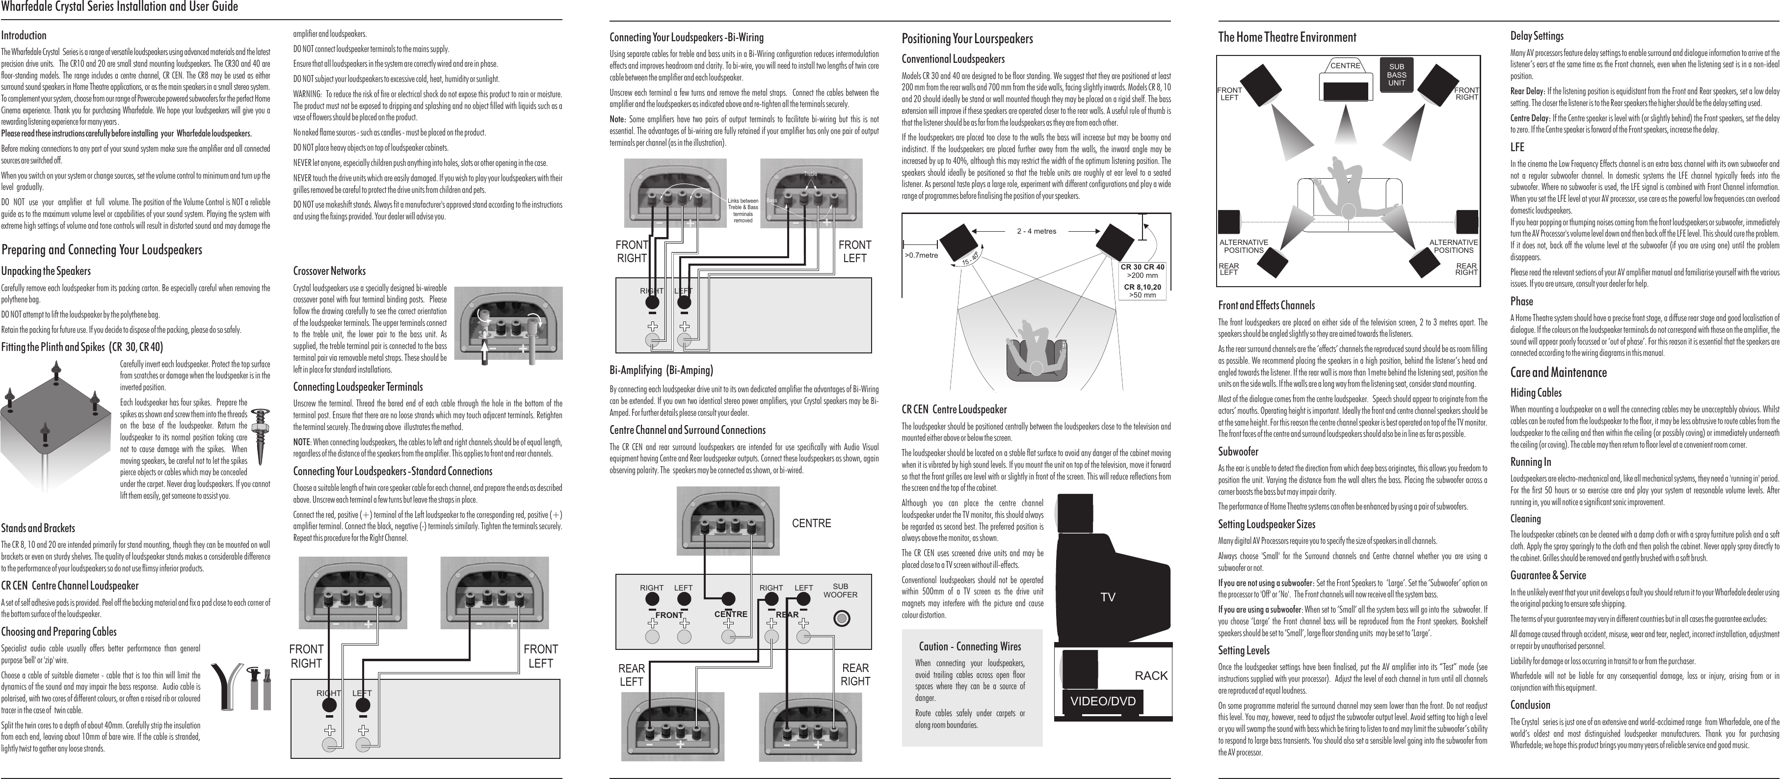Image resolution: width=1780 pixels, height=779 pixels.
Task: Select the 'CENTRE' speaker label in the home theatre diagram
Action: (x=1345, y=66)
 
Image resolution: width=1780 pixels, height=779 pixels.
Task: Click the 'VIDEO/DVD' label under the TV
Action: (x=1103, y=701)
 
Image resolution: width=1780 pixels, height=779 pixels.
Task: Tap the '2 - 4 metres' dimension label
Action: (x=1036, y=231)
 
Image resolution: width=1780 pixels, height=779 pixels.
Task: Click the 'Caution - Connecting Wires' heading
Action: (x=969, y=647)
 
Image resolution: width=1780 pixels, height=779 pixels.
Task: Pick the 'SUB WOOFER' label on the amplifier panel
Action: (x=840, y=591)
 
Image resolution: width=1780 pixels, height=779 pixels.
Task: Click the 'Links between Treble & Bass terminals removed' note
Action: (x=743, y=210)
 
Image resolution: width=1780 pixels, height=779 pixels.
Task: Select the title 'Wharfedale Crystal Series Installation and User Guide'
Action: (x=120, y=7)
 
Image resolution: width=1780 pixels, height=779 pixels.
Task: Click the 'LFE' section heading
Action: (x=1517, y=147)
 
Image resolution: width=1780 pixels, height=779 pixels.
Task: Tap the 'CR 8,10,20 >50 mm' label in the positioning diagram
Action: (x=1142, y=291)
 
